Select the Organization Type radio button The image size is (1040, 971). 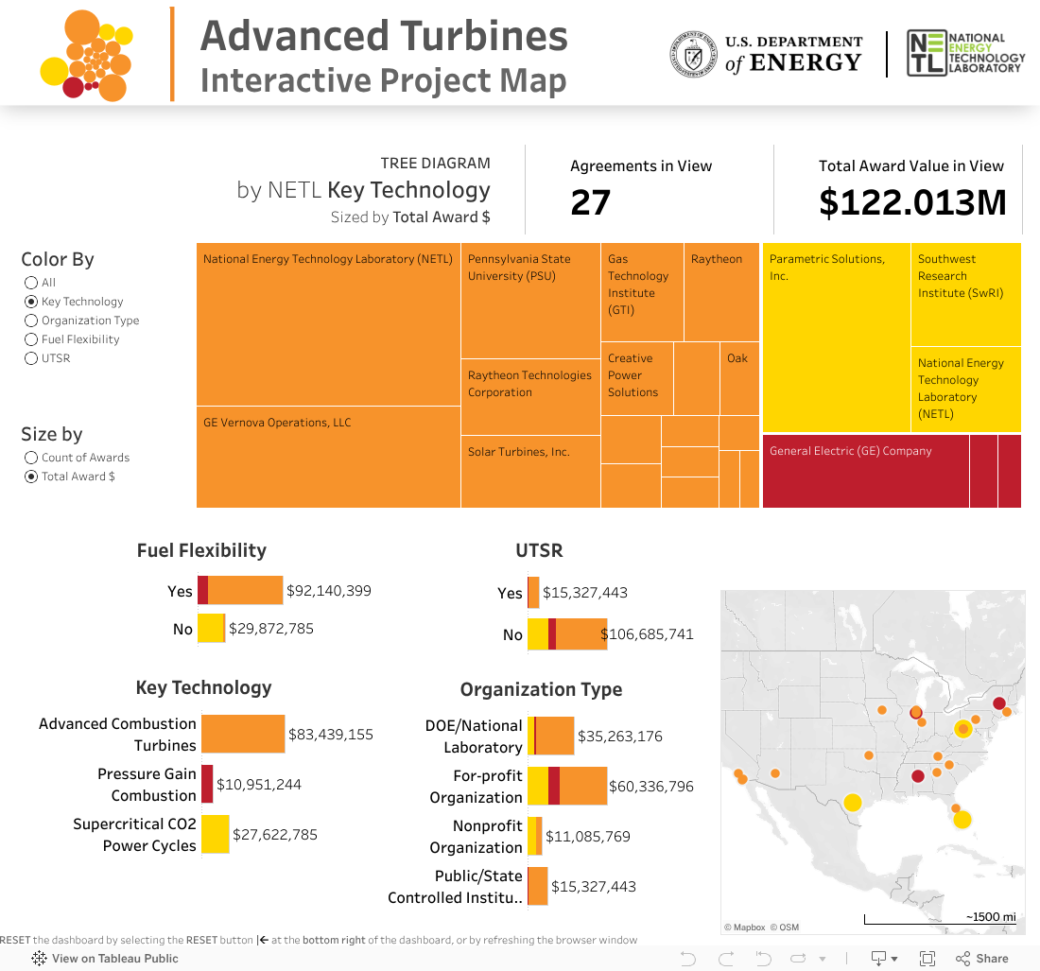click(31, 321)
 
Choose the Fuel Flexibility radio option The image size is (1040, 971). click(31, 339)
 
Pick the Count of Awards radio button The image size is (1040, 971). click(31, 458)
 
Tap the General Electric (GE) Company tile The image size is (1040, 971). click(865, 471)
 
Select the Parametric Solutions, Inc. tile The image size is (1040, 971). click(836, 338)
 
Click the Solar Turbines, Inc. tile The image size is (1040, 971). click(530, 471)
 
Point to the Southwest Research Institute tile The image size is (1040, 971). click(965, 294)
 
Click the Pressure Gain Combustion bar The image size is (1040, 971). click(207, 784)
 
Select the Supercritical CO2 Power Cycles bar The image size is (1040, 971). click(215, 834)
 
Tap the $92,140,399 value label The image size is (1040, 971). click(329, 591)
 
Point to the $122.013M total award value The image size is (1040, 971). click(912, 202)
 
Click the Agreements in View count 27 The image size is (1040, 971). click(591, 202)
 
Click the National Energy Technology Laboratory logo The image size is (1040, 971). click(964, 53)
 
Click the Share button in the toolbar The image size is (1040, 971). click(982, 959)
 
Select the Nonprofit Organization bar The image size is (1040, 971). click(535, 836)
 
